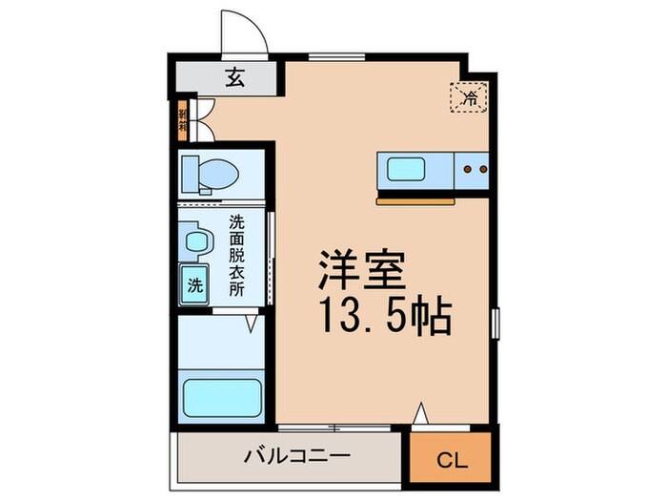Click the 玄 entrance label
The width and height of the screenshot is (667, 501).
click(x=234, y=79)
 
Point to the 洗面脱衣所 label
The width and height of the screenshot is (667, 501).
click(x=236, y=255)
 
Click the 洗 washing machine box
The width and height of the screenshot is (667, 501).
click(x=194, y=283)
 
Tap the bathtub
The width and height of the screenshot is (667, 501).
click(x=222, y=396)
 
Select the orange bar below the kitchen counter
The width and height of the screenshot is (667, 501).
click(x=418, y=201)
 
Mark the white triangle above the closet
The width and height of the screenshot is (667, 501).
click(x=420, y=417)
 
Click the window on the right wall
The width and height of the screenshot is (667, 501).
click(x=495, y=324)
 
